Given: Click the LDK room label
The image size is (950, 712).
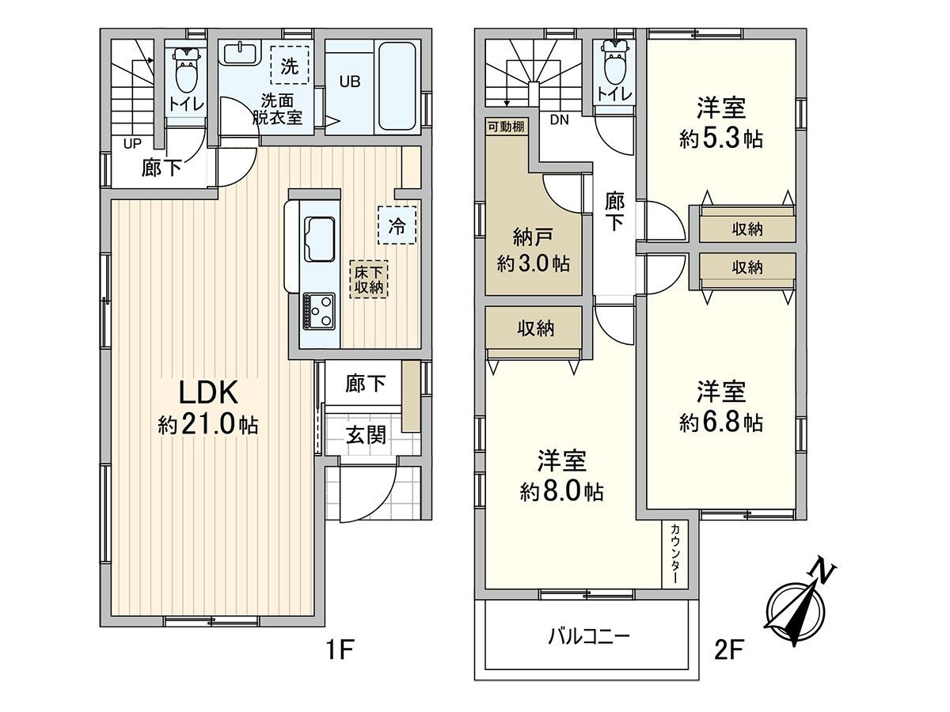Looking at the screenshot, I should point(207,393).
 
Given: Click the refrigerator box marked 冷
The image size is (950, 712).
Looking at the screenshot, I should point(397,226).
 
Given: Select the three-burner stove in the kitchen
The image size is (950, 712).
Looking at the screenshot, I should point(318,312).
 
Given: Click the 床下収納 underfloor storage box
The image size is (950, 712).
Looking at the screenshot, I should point(369,278).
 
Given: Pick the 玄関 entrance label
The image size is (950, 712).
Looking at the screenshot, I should point(366,434).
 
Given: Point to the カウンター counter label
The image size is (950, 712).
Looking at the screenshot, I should point(675,554).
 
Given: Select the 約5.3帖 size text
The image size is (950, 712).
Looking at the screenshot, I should point(720,139).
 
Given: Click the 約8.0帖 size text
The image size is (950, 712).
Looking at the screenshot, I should point(561,492).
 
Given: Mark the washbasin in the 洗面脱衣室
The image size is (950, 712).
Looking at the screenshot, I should point(238,54).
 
